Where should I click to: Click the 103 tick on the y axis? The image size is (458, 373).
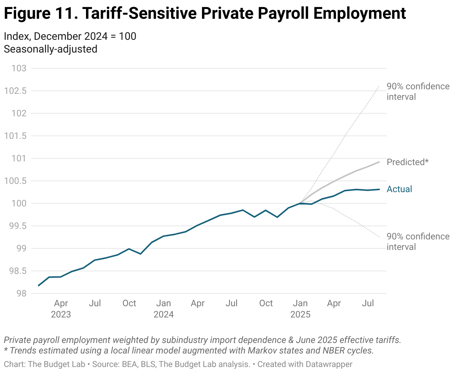click(19, 68)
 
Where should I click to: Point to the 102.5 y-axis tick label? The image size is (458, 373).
click(15, 91)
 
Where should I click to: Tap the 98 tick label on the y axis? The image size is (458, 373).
click(21, 293)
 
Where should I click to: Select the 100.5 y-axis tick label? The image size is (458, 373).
click(15, 181)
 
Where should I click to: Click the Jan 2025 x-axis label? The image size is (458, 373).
click(300, 308)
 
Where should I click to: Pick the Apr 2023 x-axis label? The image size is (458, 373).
click(61, 308)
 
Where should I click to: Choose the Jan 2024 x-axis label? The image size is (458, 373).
click(164, 308)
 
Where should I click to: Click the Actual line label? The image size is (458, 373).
click(399, 189)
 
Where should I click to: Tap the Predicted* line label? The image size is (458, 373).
click(407, 162)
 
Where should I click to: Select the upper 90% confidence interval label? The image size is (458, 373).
click(418, 92)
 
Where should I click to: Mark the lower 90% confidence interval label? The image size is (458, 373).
click(418, 242)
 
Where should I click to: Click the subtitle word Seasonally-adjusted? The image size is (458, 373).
click(50, 49)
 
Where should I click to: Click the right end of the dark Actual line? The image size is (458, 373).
click(379, 190)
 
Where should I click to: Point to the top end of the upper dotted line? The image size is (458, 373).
click(379, 86)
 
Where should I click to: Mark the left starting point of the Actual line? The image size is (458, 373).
click(38, 286)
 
